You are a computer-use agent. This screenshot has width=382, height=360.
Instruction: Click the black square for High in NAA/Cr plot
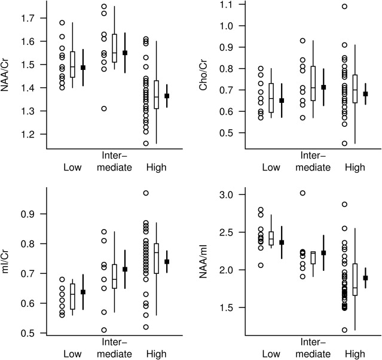coord(167,96)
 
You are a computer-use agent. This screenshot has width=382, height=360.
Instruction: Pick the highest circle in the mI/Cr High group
coord(146,193)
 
